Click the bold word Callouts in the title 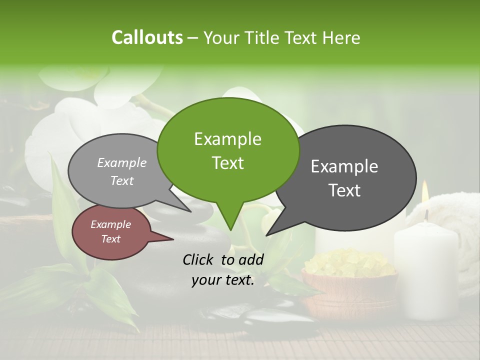pos(147,37)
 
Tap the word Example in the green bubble pos(227,139)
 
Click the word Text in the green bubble pos(227,163)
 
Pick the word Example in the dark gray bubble pos(344,166)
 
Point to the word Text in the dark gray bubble pos(344,190)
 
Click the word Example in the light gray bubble pos(122,162)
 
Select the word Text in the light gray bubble pos(122,180)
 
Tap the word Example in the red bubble pos(111,224)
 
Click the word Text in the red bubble pos(111,239)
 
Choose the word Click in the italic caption pos(199,259)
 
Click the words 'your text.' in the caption pos(223,280)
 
